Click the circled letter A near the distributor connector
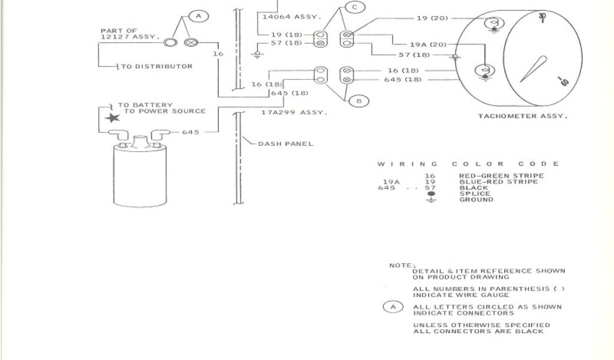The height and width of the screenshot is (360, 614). (199, 17)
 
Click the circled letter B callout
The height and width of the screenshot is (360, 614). (359, 101)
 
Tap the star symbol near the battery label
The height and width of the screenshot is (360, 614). (112, 118)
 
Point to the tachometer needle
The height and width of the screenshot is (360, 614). (533, 69)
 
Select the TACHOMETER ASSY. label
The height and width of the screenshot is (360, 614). (521, 116)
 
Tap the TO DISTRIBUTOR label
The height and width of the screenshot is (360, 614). (157, 67)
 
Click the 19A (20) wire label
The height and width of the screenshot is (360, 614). (428, 44)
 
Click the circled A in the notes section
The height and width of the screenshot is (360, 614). (393, 307)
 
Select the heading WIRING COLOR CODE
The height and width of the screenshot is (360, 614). (468, 164)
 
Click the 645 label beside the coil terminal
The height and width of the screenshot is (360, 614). (191, 132)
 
